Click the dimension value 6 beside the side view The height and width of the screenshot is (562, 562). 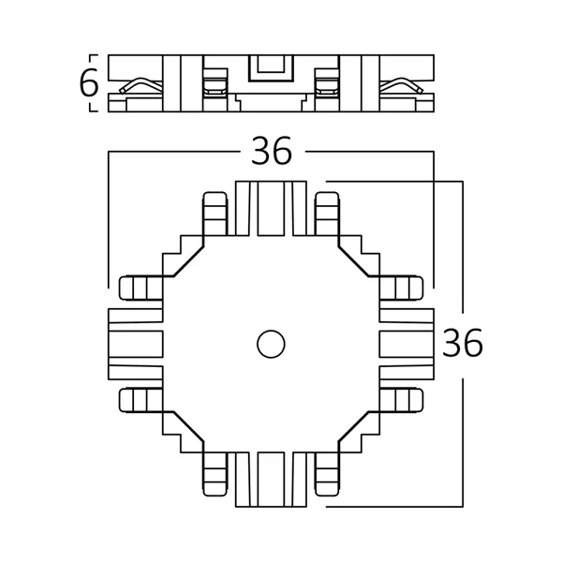click(89, 83)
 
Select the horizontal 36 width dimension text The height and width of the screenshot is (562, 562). click(271, 151)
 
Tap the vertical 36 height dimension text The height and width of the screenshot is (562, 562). click(463, 345)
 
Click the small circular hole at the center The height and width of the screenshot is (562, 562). click(272, 344)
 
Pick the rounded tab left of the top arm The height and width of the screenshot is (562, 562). click(214, 214)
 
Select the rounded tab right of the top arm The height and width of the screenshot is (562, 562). click(328, 214)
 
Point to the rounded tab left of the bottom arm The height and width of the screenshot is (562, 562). click(214, 475)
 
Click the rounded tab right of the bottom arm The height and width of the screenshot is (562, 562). click(328, 475)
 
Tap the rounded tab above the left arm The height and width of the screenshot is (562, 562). click(140, 288)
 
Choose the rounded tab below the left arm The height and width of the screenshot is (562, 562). click(140, 401)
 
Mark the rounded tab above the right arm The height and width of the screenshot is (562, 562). click(403, 288)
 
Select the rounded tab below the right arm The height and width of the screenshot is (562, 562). click(403, 401)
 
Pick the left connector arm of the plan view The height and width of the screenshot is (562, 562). click(136, 345)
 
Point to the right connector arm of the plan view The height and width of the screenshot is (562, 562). click(407, 345)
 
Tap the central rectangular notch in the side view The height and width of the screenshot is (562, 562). click(271, 69)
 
